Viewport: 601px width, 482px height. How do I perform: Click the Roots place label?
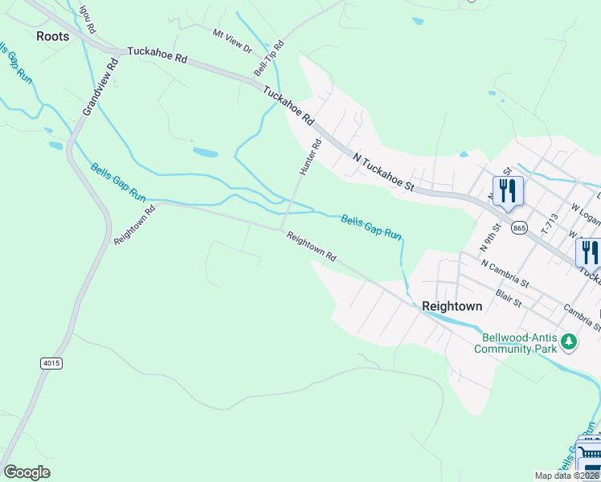53,36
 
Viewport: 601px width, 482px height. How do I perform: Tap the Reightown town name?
452,306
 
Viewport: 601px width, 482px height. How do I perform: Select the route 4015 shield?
51,364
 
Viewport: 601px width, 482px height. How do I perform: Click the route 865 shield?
519,228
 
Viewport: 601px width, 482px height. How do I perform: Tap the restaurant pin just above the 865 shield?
508,191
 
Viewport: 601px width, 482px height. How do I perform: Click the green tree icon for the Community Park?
569,342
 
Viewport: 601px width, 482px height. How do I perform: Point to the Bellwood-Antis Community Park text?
515,343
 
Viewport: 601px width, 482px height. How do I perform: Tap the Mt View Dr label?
232,39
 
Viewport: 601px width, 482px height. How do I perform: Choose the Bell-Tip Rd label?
269,59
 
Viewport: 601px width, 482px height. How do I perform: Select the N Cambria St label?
505,272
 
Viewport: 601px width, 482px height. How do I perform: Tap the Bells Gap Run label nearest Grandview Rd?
118,182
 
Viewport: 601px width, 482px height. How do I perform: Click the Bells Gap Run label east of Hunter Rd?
370,226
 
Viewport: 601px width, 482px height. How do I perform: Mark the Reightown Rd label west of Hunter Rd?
134,226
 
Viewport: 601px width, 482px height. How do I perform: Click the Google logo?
27,472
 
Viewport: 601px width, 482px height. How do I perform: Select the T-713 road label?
550,227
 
